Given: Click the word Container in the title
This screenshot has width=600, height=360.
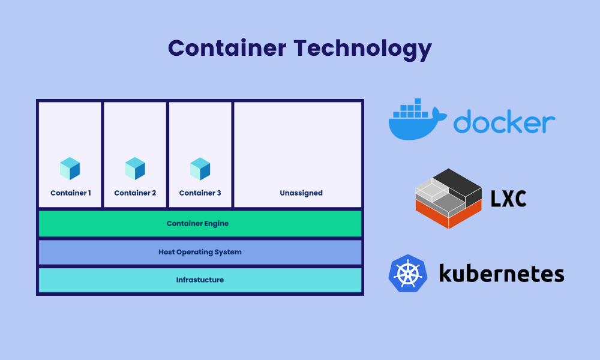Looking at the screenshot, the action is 227,48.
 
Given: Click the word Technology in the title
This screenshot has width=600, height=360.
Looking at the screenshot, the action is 363,50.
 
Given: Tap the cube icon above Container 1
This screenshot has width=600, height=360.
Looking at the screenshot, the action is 70,169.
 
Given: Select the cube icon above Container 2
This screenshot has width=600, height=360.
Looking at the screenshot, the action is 135,169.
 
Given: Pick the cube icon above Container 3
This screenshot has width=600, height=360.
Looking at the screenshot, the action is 200,169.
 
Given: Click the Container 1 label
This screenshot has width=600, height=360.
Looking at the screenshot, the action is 71,193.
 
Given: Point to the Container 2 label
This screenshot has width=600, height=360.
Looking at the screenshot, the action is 135,193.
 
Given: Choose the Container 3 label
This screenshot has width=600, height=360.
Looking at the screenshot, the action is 200,193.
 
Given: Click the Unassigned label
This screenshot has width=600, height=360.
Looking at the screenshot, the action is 301,193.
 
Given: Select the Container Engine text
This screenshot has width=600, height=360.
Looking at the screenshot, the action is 197,223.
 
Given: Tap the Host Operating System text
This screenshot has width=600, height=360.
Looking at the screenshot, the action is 200,252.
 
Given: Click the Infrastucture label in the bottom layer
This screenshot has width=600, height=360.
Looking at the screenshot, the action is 200,280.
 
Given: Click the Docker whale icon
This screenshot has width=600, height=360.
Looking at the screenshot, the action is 418,119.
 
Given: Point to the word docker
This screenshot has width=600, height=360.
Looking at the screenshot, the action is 505,121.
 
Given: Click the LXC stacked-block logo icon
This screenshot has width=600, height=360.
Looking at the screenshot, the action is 448,198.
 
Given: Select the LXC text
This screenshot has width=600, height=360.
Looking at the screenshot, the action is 509,199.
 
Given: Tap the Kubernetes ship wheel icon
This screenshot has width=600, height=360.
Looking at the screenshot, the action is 408,274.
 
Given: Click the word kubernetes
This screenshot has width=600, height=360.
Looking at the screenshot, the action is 502,273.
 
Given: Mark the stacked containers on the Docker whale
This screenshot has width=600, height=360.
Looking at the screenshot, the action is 411,108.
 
